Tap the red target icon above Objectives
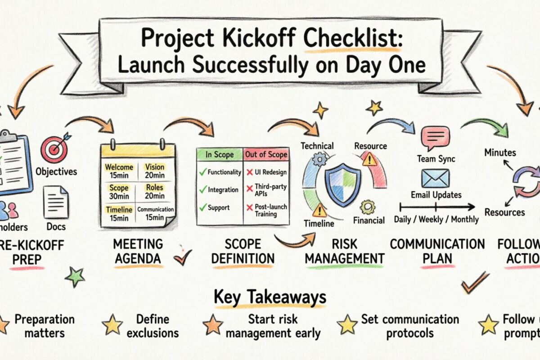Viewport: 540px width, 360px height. point(54,150)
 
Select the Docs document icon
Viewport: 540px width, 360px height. point(56,202)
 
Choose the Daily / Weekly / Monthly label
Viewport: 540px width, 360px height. point(436,220)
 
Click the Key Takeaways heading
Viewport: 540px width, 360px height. point(270,297)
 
